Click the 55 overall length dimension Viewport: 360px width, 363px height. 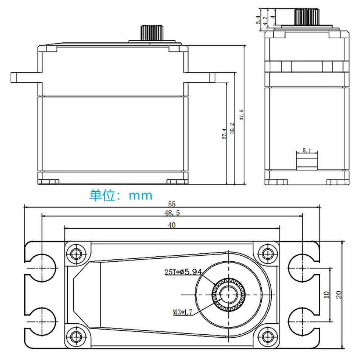(x=172, y=204)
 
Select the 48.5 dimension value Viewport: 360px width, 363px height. (x=172, y=213)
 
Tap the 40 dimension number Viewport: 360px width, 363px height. (x=172, y=225)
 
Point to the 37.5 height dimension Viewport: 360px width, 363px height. (x=242, y=115)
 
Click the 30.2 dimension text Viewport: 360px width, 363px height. (x=232, y=128)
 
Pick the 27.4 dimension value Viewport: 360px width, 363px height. (x=224, y=134)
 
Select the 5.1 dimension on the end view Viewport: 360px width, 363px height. (x=307, y=150)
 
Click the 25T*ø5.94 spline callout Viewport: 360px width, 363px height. (x=183, y=272)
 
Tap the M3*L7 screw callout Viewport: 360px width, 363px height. (x=182, y=312)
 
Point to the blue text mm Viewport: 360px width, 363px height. (x=141, y=196)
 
